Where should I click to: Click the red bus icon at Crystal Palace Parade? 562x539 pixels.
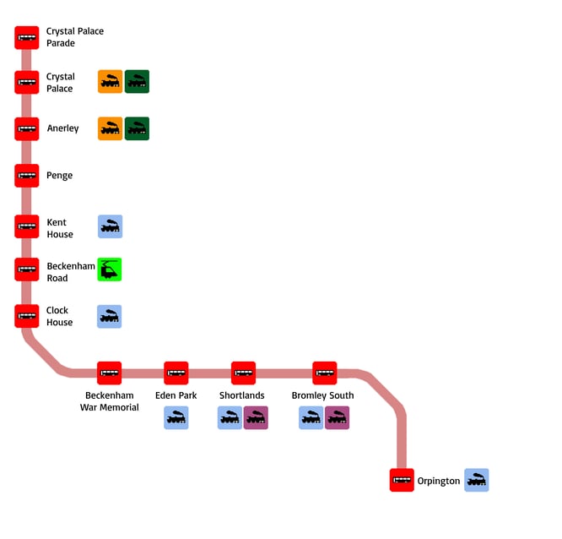pyautogui.click(x=27, y=38)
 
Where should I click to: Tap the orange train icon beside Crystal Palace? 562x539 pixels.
pyautogui.click(x=110, y=82)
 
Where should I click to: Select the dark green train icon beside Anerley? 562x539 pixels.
pyautogui.click(x=137, y=128)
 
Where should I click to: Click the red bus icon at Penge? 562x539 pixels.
pyautogui.click(x=27, y=176)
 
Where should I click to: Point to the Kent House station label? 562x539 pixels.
pyautogui.click(x=59, y=228)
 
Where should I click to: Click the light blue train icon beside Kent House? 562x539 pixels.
pyautogui.click(x=110, y=226)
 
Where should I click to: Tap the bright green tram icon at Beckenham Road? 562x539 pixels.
pyautogui.click(x=110, y=269)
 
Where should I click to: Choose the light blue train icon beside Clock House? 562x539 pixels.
pyautogui.click(x=110, y=317)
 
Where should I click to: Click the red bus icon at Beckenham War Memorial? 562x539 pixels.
pyautogui.click(x=109, y=373)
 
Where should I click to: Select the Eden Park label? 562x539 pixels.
pyautogui.click(x=176, y=395)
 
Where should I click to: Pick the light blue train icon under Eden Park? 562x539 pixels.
pyautogui.click(x=176, y=417)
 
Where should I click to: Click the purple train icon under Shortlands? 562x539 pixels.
pyautogui.click(x=256, y=417)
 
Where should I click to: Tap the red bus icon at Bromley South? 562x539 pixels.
pyautogui.click(x=325, y=373)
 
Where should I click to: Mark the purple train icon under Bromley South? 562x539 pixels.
pyautogui.click(x=337, y=417)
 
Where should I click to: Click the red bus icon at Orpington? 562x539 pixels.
pyautogui.click(x=402, y=480)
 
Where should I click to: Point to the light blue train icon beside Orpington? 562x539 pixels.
pyautogui.click(x=477, y=480)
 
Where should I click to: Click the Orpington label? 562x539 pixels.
pyautogui.click(x=439, y=481)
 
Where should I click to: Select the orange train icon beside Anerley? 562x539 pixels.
pyautogui.click(x=110, y=128)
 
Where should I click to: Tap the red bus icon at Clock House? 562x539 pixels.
pyautogui.click(x=27, y=316)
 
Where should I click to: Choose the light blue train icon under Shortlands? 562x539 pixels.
pyautogui.click(x=230, y=417)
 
